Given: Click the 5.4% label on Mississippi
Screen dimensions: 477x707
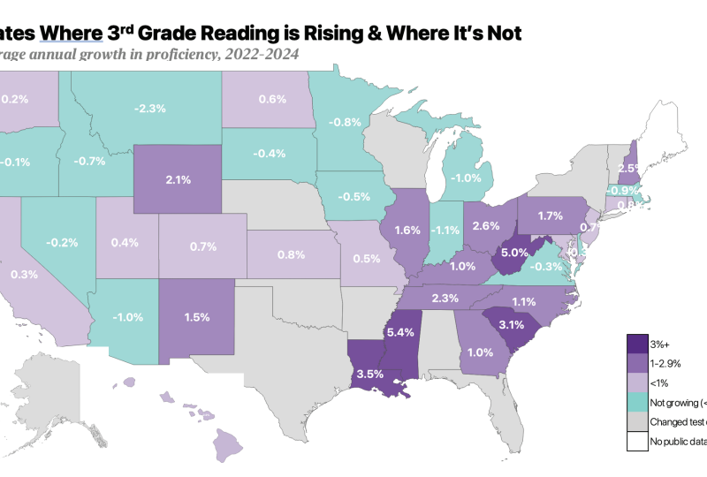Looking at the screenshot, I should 400,333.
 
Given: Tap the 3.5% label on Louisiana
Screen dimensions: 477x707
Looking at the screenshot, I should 369,374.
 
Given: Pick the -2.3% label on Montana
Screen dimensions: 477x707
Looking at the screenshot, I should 150,109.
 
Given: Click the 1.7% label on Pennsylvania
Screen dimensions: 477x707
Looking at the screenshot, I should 550,216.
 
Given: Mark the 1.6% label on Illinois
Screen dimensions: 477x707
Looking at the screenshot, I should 407,231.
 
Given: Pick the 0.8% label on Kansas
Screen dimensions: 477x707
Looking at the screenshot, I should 291,254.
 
